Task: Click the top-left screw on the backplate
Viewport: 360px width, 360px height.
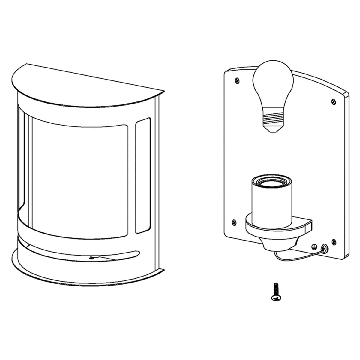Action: point(238,80)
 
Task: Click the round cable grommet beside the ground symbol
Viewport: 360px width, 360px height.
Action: point(324,248)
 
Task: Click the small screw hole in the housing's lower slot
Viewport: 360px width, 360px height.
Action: point(91,257)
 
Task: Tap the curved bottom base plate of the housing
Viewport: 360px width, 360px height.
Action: point(87,278)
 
